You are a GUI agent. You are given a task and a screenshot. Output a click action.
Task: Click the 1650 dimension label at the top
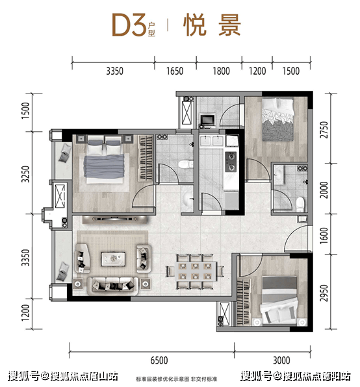tap(175, 71)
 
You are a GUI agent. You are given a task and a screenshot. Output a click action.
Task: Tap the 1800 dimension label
tap(221, 71)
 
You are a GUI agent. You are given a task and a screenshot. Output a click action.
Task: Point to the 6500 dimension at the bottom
tap(159, 360)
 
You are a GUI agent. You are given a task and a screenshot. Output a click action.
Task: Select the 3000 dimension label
tap(281, 360)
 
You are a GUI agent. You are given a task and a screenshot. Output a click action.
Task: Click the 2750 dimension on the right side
tap(324, 130)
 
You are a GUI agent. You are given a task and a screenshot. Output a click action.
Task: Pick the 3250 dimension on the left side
tap(25, 174)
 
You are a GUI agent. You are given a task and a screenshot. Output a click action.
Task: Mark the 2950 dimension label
tap(324, 293)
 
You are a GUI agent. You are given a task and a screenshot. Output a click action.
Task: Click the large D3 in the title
tap(129, 25)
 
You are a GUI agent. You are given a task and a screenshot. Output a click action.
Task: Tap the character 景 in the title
tap(229, 25)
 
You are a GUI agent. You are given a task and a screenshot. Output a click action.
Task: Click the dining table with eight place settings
tap(196, 271)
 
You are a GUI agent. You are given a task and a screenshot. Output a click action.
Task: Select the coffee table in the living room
tap(113, 259)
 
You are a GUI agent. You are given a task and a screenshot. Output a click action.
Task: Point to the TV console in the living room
tap(115, 219)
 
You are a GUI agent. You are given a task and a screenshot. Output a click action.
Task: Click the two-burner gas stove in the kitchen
tap(231, 162)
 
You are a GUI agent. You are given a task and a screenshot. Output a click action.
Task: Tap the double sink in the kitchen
tap(212, 141)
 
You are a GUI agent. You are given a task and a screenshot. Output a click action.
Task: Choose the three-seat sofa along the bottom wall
tap(113, 286)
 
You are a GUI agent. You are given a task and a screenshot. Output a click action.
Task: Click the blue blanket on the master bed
tap(104, 166)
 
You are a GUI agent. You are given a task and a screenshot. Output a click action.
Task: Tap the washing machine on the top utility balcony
tap(207, 120)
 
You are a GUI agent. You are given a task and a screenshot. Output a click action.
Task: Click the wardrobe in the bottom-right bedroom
tap(243, 302)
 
